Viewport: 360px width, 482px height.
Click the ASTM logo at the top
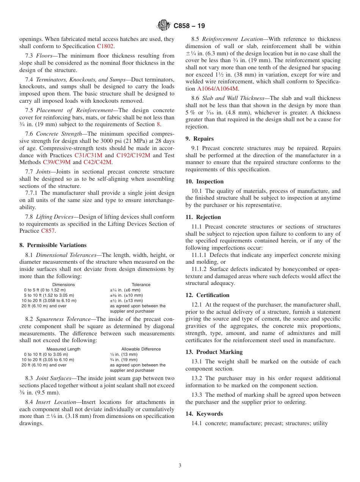[164, 25]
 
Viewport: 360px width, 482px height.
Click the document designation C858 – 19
[189, 26]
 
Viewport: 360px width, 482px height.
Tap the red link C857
[48, 231]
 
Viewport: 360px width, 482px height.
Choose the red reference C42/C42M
[97, 162]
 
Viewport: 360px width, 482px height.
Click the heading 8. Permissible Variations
[53, 245]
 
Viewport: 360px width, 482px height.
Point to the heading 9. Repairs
[200, 139]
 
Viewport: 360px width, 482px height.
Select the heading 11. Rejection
[203, 217]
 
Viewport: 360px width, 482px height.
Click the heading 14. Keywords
[204, 414]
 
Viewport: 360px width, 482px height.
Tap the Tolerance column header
[141, 285]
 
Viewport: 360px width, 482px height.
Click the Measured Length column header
[64, 349]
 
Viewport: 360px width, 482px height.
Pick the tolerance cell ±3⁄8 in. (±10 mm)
[126, 295]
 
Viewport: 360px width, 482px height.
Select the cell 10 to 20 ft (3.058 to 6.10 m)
[49, 300]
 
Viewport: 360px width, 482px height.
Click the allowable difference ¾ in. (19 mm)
[124, 360]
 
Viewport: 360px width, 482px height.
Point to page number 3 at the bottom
[180, 466]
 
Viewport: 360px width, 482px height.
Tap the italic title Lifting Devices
[55, 217]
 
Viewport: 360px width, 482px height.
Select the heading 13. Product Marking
[214, 352]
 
